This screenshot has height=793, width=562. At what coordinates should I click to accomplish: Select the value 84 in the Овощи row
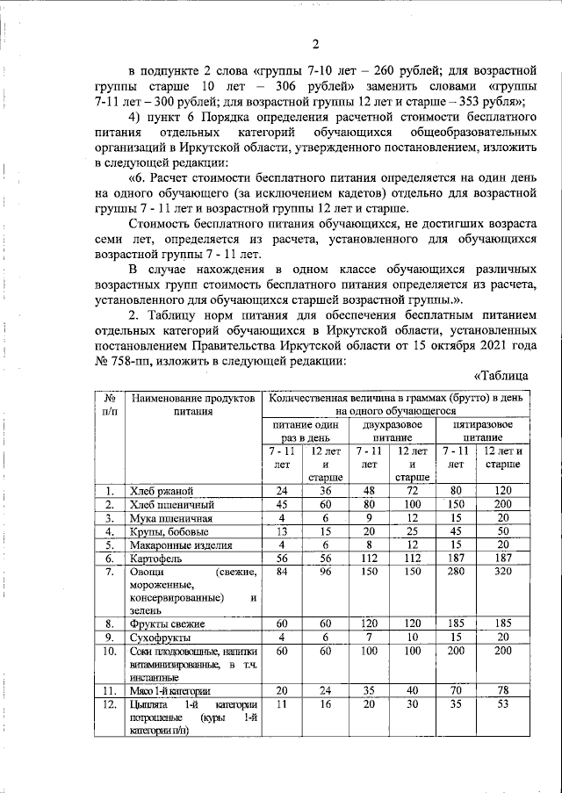[x=282, y=573]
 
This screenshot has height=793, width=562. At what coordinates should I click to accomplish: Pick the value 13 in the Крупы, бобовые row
[x=282, y=530]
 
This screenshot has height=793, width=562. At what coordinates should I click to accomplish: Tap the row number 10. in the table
[x=110, y=652]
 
